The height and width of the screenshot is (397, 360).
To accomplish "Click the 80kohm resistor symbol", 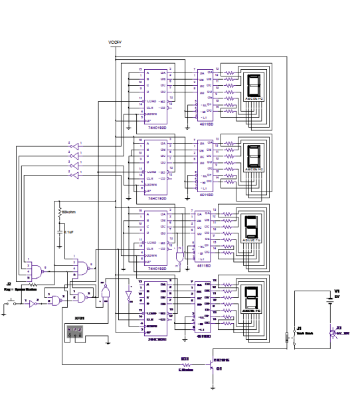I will (x=61, y=212).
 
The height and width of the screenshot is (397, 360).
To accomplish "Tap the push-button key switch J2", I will (x=14, y=301).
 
